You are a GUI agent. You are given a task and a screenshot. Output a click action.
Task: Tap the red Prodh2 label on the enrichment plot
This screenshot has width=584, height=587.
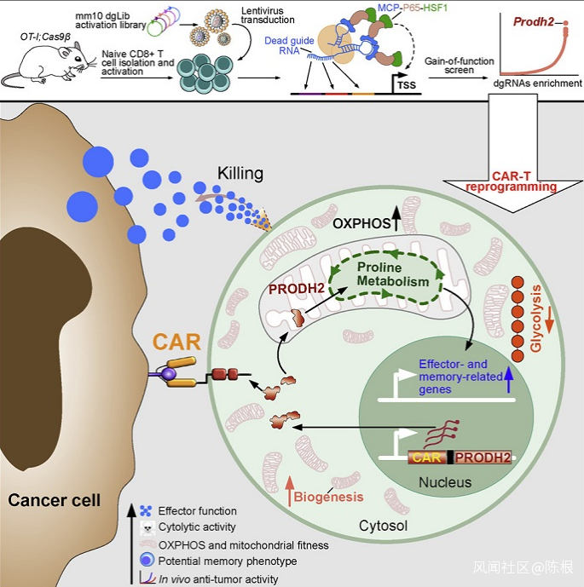(534, 19)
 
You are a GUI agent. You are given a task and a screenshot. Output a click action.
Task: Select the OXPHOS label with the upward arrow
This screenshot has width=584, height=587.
(361, 225)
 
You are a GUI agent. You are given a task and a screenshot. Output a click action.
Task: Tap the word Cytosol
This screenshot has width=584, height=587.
(383, 527)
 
